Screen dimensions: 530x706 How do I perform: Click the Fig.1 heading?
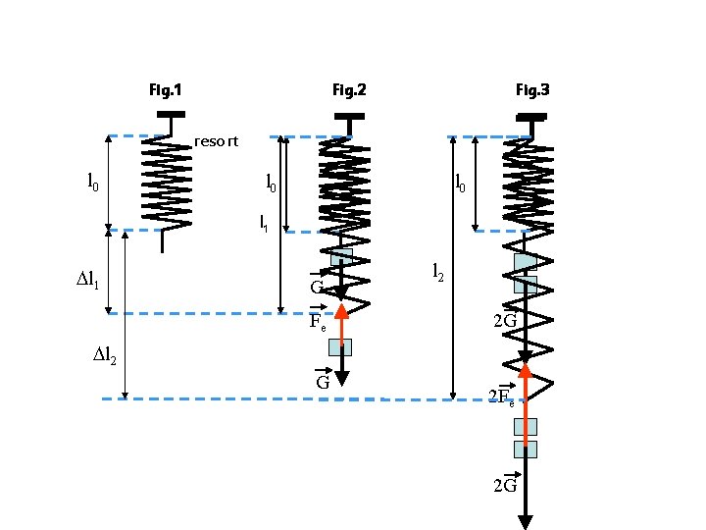[165, 91]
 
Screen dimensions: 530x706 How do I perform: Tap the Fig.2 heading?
[349, 91]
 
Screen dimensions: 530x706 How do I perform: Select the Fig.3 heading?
[532, 91]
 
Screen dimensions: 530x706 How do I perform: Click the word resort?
[216, 141]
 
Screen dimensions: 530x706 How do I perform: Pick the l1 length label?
[264, 224]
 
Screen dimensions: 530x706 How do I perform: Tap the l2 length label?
[438, 274]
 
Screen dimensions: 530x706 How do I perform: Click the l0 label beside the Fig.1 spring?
[92, 182]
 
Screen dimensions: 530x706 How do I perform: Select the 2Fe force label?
[503, 397]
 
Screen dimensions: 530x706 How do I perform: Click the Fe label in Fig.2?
[317, 323]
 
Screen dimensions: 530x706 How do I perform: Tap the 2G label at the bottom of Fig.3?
[505, 485]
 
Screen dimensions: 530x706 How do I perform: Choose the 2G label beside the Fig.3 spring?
[505, 321]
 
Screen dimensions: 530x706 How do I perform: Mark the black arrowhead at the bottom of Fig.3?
[526, 521]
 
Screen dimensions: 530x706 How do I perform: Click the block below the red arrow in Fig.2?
[340, 346]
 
